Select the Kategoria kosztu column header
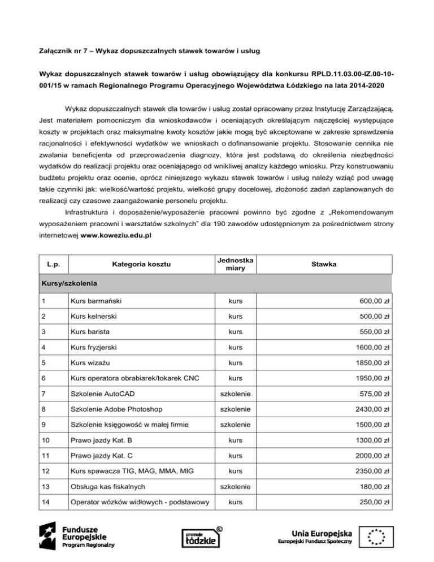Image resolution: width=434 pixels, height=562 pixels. coord(140,263)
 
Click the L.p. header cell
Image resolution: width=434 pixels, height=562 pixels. coord(50,263)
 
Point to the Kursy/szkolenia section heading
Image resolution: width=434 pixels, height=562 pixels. coord(66,281)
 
